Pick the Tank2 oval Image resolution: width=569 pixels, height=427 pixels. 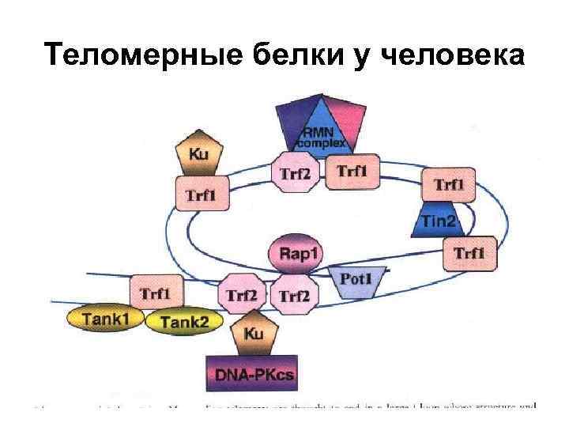(x=183, y=321)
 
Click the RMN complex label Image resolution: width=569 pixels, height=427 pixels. (x=319, y=136)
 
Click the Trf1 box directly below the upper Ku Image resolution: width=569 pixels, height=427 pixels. (x=202, y=193)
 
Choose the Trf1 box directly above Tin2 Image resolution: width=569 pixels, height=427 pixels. (x=449, y=185)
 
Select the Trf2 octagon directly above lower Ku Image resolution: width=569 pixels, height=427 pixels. (x=242, y=296)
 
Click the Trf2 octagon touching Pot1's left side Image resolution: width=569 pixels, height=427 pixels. (x=295, y=296)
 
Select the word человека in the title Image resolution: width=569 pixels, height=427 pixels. (x=453, y=55)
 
